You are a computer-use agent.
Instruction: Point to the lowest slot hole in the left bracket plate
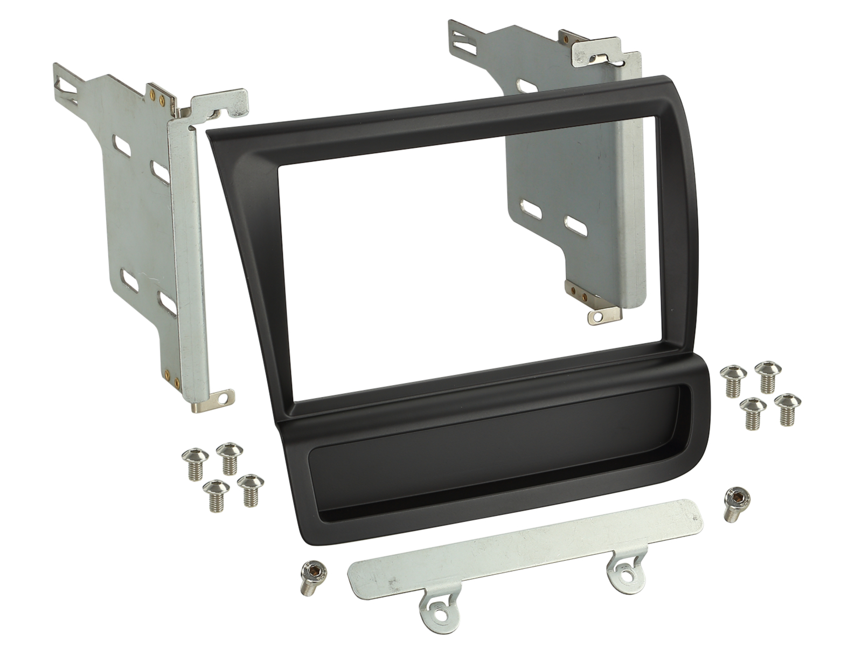[x=168, y=304]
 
